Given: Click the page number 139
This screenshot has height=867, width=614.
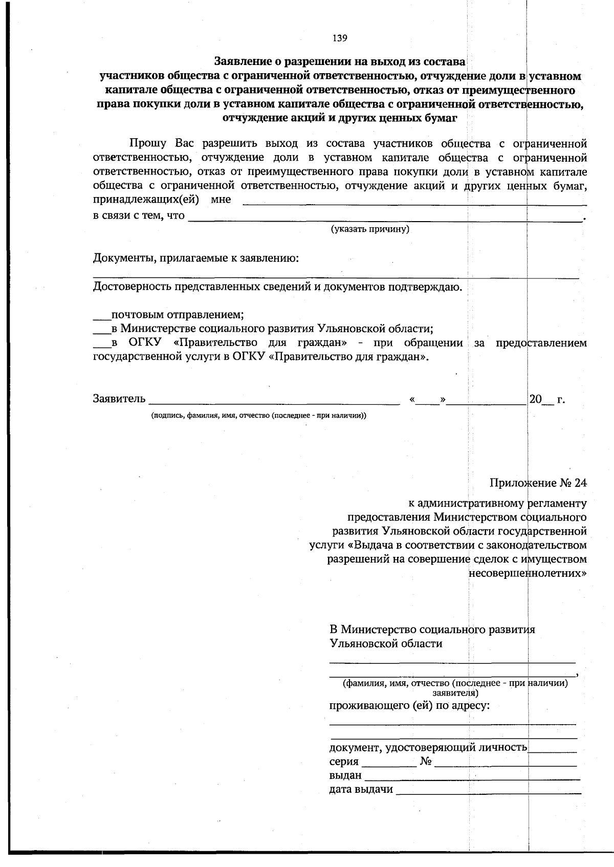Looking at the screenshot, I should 340,37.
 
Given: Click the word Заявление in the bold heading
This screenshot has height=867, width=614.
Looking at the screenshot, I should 241,62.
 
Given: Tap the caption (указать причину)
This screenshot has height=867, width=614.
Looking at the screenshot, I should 370,229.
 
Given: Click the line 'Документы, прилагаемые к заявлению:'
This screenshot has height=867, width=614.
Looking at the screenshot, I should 196,258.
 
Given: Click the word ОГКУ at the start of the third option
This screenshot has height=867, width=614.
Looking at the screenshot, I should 146,343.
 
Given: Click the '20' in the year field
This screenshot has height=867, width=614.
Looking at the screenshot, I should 535,399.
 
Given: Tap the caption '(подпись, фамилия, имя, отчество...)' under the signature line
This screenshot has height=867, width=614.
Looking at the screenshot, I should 258,416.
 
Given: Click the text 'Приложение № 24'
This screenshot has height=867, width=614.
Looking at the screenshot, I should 538,483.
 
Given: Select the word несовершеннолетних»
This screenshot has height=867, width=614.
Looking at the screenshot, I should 528,573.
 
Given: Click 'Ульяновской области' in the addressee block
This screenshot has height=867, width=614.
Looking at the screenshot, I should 386,643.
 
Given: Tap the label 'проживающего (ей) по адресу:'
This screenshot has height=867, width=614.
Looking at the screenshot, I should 409,706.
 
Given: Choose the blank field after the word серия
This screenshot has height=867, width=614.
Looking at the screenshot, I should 392,764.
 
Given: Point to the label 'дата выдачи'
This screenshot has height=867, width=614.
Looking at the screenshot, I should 361,789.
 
